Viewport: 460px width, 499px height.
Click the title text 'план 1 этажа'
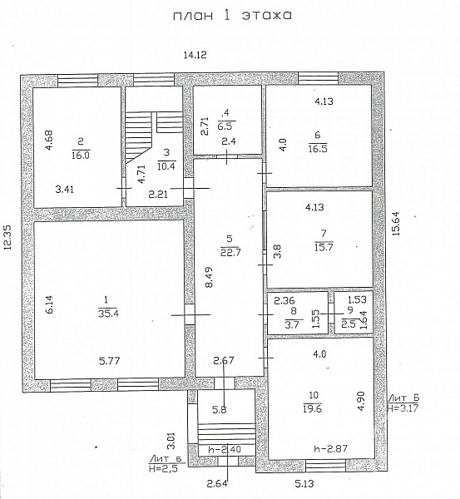[x=232, y=16]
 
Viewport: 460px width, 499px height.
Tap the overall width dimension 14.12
[x=195, y=55]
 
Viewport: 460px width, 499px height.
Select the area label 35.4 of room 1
[x=108, y=314]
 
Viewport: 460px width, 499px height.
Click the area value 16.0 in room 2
[x=81, y=156]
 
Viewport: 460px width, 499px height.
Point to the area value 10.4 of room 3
[x=166, y=166]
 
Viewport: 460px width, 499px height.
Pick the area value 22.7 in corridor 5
[x=230, y=252]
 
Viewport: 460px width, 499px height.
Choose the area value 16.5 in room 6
[x=318, y=148]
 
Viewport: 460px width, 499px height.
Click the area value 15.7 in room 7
[x=324, y=247]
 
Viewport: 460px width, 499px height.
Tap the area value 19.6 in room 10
[x=312, y=409]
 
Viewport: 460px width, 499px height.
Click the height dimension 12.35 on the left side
[x=7, y=237]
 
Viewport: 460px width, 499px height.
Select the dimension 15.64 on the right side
[x=396, y=224]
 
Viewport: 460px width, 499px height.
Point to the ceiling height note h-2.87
[x=330, y=449]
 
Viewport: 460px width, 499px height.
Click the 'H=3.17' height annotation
[x=403, y=408]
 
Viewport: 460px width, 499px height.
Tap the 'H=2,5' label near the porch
[x=163, y=468]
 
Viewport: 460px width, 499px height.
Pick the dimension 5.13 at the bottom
[x=304, y=484]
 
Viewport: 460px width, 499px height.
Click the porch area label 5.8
[x=220, y=410]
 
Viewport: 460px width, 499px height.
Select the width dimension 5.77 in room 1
[x=110, y=361]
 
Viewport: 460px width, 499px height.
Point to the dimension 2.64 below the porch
[x=218, y=484]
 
